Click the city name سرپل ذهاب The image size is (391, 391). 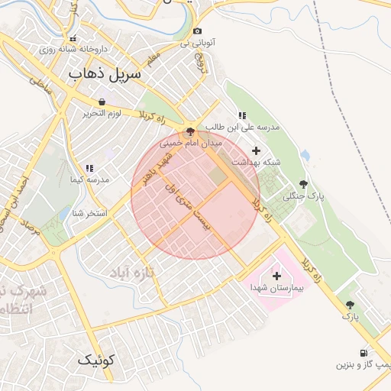coord(105,74)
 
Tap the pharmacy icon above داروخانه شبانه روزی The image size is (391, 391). coord(73,38)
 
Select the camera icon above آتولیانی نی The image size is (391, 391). coord(198,31)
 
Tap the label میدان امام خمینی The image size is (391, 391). coord(190,143)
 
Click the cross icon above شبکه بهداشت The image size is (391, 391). coord(256,150)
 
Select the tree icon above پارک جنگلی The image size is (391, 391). coord(304,184)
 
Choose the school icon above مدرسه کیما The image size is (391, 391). coord(89,167)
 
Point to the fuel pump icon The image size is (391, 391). coord(362,353)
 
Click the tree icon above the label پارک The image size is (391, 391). coord(350,304)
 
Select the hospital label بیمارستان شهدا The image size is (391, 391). coord(277,288)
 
